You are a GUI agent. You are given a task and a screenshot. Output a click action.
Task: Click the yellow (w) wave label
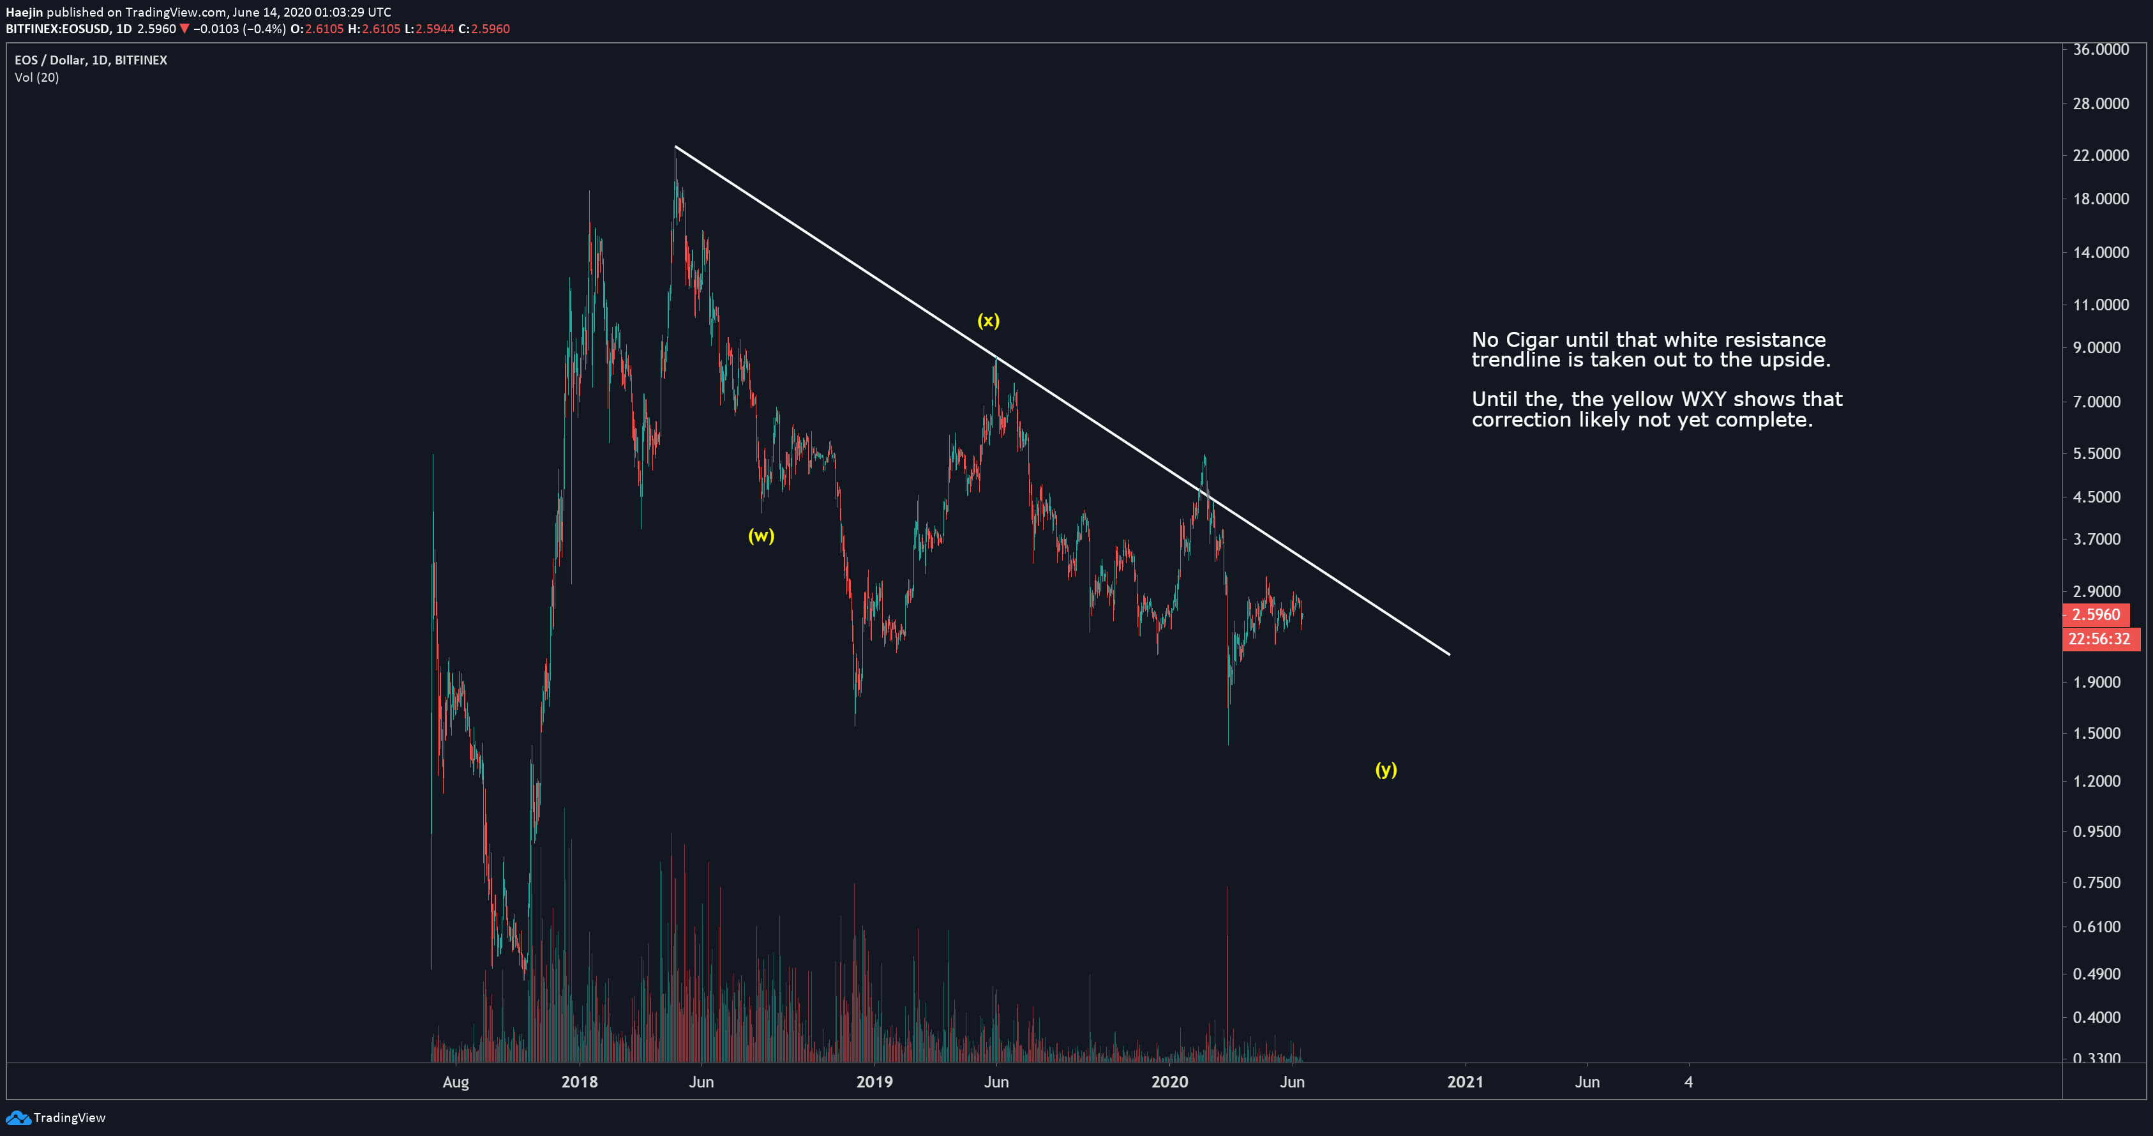click(761, 536)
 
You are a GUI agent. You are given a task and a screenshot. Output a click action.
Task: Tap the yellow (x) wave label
click(988, 320)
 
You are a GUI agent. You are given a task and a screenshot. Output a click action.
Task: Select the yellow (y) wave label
click(1386, 770)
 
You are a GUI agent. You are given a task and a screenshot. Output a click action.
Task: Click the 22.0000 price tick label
click(2101, 155)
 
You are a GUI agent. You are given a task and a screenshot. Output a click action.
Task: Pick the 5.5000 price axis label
click(2096, 453)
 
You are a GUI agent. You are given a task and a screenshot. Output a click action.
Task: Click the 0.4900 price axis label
click(2096, 974)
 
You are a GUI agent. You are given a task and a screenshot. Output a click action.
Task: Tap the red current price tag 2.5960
click(2096, 614)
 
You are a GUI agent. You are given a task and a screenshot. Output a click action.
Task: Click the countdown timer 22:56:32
click(2099, 639)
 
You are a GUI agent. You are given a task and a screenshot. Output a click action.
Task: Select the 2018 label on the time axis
click(579, 1082)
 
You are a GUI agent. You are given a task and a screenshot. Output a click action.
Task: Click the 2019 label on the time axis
click(874, 1082)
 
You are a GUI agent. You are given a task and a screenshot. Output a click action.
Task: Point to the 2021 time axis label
click(1465, 1082)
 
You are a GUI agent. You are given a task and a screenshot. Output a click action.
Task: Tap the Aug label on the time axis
click(456, 1082)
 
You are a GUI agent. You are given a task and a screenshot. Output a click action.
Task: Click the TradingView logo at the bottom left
click(56, 1117)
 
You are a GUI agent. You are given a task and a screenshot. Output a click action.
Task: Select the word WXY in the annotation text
click(1690, 400)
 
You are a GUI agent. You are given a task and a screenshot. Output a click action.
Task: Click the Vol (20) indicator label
click(37, 78)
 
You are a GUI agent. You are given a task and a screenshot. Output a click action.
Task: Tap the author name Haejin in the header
click(24, 11)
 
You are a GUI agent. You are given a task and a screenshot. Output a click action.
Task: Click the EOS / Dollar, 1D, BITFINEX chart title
click(91, 60)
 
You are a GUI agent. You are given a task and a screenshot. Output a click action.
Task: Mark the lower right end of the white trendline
click(1450, 655)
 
